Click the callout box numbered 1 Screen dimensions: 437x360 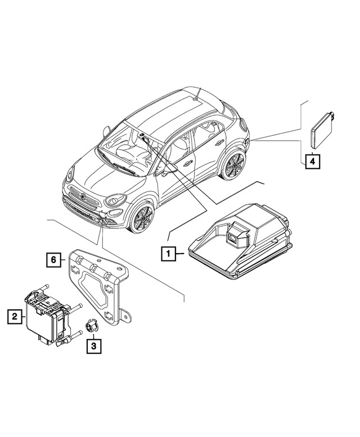click(168, 254)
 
